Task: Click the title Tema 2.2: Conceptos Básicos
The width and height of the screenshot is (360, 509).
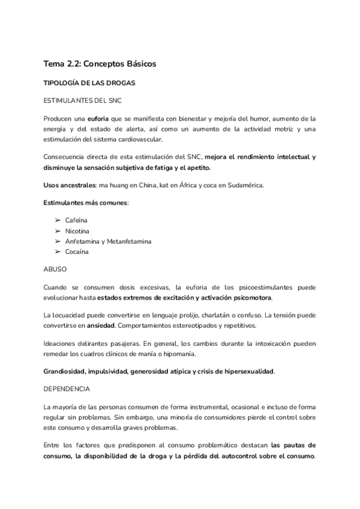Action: click(100, 62)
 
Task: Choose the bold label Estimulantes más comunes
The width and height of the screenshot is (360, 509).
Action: click(85, 202)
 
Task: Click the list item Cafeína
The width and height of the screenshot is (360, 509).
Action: click(77, 220)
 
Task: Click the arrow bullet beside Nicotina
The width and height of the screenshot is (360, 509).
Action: click(58, 231)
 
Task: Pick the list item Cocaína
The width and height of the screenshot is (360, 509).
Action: click(77, 251)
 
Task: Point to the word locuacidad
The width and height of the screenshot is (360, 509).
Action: click(71, 315)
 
